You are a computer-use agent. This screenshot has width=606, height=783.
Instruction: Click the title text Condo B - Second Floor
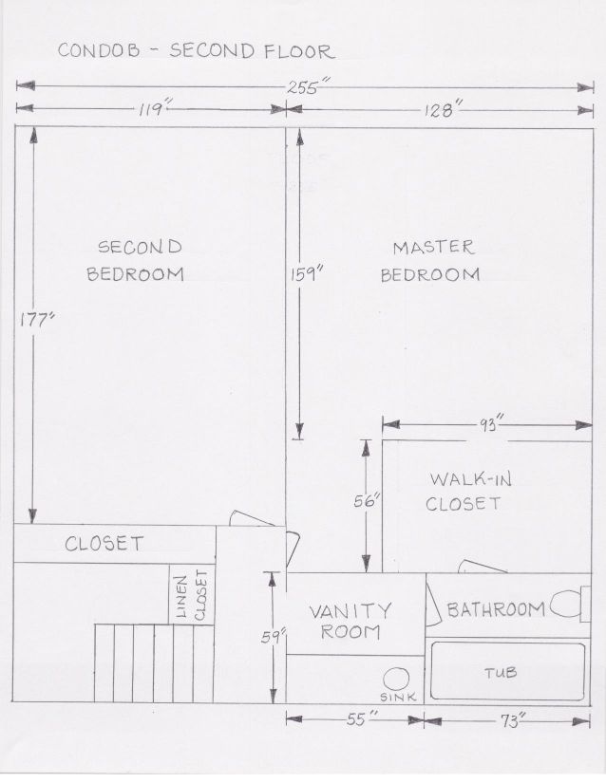(x=197, y=51)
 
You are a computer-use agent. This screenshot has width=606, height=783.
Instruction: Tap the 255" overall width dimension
(x=303, y=88)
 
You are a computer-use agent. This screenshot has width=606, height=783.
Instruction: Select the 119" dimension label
(x=156, y=109)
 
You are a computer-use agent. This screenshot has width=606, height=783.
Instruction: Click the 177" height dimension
(x=36, y=320)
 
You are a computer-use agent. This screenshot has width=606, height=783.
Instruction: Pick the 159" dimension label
(x=307, y=273)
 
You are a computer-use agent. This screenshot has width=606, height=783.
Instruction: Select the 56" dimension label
(x=368, y=500)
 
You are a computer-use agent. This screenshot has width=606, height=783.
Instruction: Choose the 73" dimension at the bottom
(x=513, y=720)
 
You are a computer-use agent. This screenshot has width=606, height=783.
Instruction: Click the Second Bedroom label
(x=135, y=260)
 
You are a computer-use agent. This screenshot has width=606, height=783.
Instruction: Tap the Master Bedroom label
(x=430, y=261)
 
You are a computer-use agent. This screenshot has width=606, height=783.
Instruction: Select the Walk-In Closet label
(x=468, y=492)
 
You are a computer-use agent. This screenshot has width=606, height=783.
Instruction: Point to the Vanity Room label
(x=350, y=622)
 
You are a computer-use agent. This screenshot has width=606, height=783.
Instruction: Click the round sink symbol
(x=397, y=680)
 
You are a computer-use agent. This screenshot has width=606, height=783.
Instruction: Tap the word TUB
(x=501, y=673)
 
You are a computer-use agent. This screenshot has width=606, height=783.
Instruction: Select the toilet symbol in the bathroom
(x=570, y=605)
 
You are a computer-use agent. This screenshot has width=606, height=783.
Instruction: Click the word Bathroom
(x=496, y=609)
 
